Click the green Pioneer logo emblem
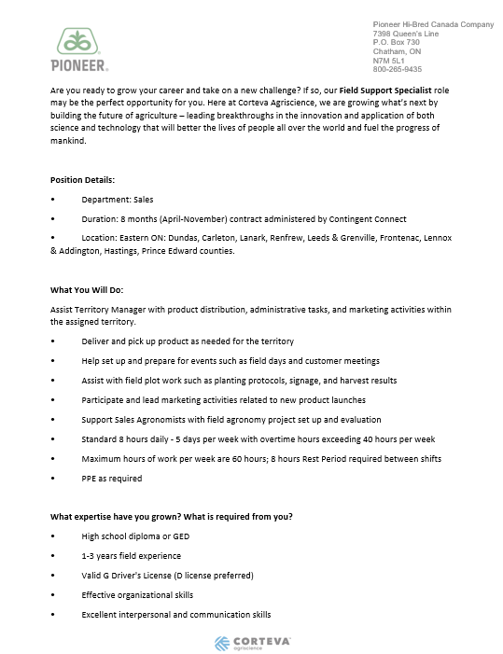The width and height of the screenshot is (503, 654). click(x=78, y=43)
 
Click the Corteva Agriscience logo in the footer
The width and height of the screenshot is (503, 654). click(x=252, y=642)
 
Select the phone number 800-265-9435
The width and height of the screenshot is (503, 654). click(x=397, y=69)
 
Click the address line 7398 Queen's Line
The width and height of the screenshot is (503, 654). click(x=405, y=34)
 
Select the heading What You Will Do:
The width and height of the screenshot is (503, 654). click(x=85, y=288)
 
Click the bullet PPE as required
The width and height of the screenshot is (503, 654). click(x=111, y=479)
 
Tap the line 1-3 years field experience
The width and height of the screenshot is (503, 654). click(x=131, y=556)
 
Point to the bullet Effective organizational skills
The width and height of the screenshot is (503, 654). click(x=137, y=595)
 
